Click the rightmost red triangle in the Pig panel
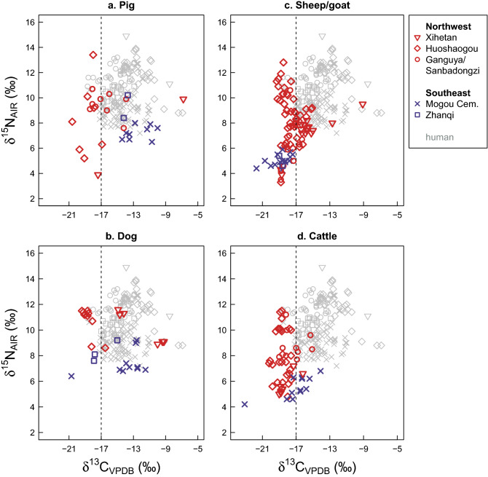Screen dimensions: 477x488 [x=184, y=100]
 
